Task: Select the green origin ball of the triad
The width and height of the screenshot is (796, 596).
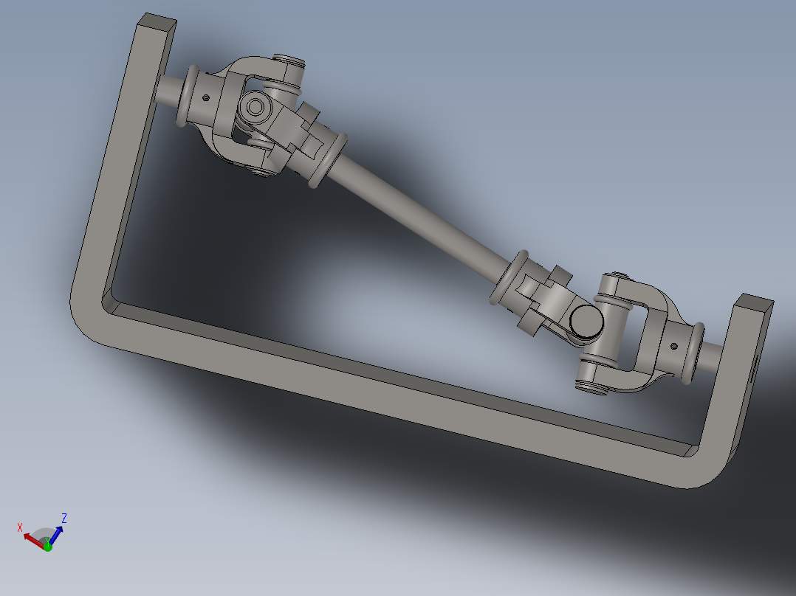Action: [x=47, y=547]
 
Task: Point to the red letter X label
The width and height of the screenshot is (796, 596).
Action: [x=20, y=527]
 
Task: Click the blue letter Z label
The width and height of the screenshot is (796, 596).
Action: [x=64, y=519]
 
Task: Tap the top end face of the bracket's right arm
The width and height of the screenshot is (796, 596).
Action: [x=754, y=302]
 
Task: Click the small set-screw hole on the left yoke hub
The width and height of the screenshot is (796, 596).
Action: [x=206, y=95]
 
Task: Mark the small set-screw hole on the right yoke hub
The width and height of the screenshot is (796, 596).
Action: [x=673, y=344]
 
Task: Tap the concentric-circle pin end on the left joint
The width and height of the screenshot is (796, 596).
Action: [x=255, y=108]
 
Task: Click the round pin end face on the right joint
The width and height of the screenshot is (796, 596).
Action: [x=586, y=322]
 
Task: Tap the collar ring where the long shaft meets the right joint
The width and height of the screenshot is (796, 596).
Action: [x=509, y=277]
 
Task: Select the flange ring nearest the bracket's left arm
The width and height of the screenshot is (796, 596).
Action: [x=188, y=95]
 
